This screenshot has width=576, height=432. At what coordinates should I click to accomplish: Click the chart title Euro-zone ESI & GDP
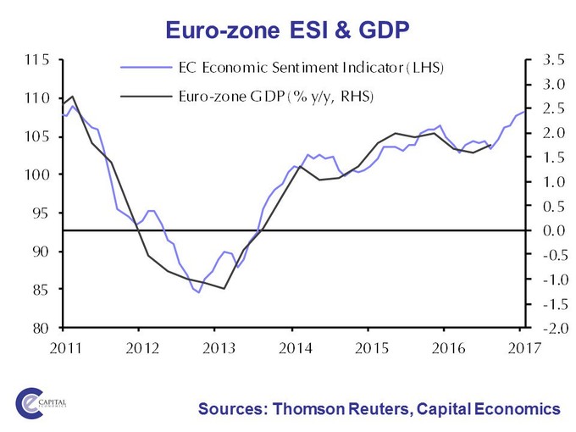click(288, 31)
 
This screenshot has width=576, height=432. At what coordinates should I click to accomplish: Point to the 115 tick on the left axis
click(36, 60)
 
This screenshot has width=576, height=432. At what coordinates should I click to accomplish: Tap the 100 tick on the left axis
click(36, 174)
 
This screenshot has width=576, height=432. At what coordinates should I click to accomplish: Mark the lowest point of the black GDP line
click(224, 289)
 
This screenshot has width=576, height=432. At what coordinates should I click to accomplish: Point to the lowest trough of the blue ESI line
click(198, 293)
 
